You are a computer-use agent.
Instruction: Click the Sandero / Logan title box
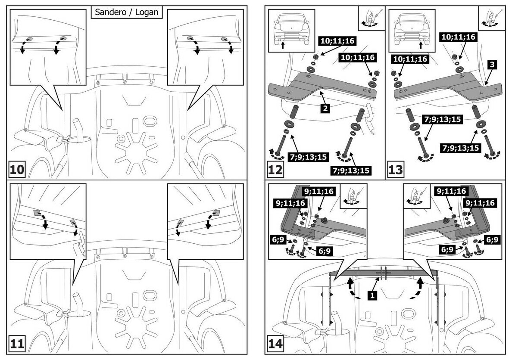tap(127, 12)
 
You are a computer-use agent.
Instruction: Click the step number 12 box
tap(275, 169)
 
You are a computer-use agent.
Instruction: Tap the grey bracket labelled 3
tap(448, 86)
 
